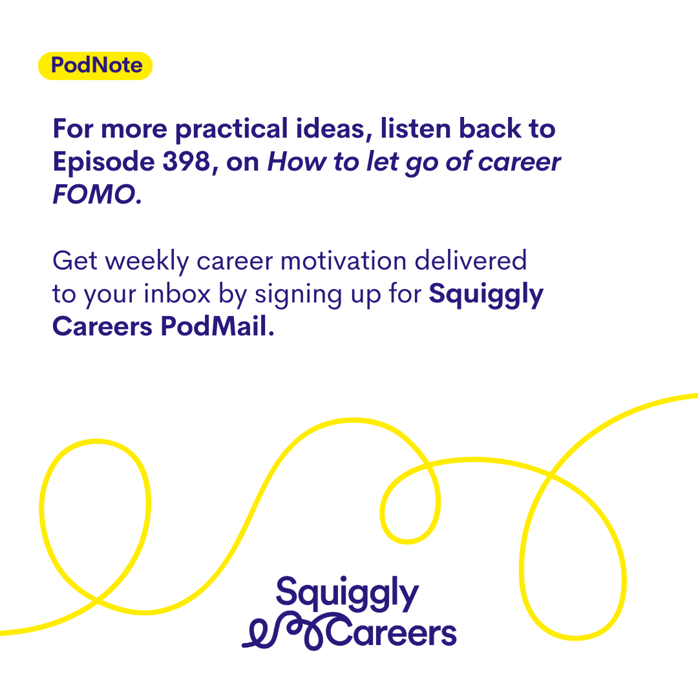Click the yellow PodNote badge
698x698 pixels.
pos(95,66)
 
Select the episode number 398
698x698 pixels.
pos(187,161)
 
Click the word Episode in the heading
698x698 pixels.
pos(103,162)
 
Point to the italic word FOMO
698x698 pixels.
pos(94,194)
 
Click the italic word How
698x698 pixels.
pos(297,161)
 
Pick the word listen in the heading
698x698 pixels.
pos(416,129)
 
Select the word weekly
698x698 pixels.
pos(148,262)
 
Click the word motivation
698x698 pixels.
pos(344,261)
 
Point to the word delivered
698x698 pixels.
pos(471,260)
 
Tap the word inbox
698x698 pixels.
pos(177,294)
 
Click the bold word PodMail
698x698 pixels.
pos(217,326)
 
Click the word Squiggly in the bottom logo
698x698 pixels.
pos(347,593)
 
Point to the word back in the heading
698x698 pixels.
pos(490,129)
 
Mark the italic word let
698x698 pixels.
pos(383,161)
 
